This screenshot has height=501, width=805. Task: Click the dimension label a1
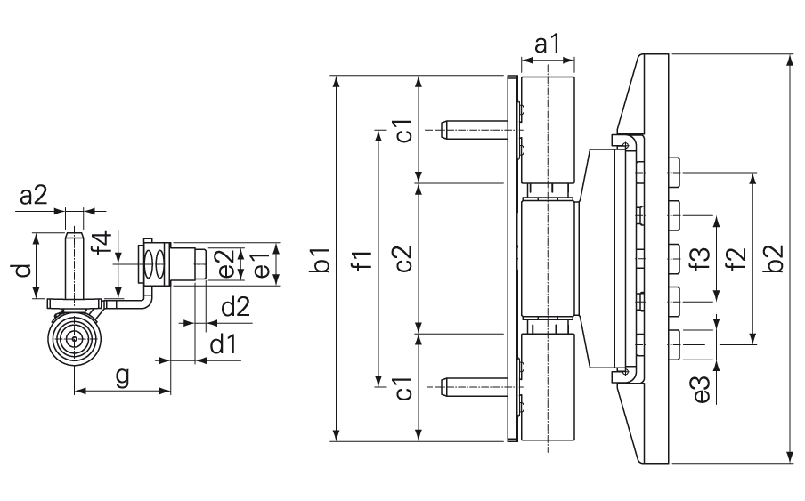pyautogui.click(x=548, y=44)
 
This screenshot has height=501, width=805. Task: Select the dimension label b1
pyautogui.click(x=321, y=260)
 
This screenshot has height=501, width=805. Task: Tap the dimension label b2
pyautogui.click(x=773, y=258)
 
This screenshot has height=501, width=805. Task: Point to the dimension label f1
pyautogui.click(x=362, y=260)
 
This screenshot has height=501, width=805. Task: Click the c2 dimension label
pyautogui.click(x=403, y=258)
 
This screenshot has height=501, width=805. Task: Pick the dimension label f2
pyautogui.click(x=736, y=258)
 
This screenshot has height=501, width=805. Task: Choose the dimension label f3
pyautogui.click(x=702, y=258)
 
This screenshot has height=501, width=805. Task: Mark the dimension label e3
pyautogui.click(x=702, y=390)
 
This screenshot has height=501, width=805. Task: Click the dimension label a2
pyautogui.click(x=33, y=196)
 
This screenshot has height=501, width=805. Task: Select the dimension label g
pyautogui.click(x=122, y=377)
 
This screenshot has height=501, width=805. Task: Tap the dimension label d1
pyautogui.click(x=224, y=344)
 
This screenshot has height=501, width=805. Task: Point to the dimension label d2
pyautogui.click(x=236, y=307)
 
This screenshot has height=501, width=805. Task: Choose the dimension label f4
pyautogui.click(x=101, y=243)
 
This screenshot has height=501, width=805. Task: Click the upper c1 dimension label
pyautogui.click(x=403, y=130)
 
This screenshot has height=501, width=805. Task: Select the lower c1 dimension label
pyautogui.click(x=403, y=389)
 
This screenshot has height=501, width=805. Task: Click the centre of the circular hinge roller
pyautogui.click(x=75, y=339)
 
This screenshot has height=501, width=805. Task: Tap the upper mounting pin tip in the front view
pyautogui.click(x=443, y=130)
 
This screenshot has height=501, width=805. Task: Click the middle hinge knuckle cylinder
pyautogui.click(x=549, y=259)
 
